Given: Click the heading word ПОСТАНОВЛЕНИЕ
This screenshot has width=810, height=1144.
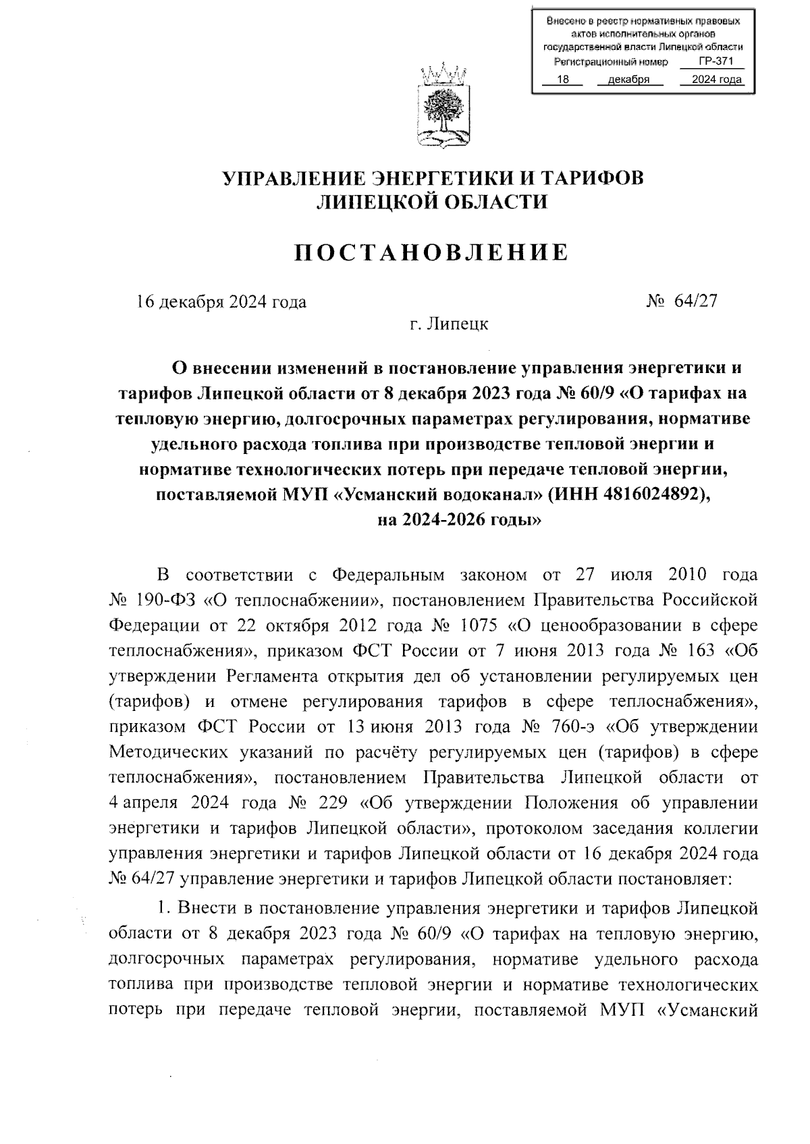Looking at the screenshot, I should click(x=433, y=252).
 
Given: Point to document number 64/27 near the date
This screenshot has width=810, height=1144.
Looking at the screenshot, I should click(x=695, y=302).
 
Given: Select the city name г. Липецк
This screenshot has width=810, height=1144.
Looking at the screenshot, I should click(x=449, y=324).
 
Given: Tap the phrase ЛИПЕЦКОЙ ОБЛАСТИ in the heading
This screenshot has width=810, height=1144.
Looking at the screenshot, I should click(x=433, y=201).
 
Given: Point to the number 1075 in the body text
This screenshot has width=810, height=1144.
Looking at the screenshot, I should click(x=480, y=625).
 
